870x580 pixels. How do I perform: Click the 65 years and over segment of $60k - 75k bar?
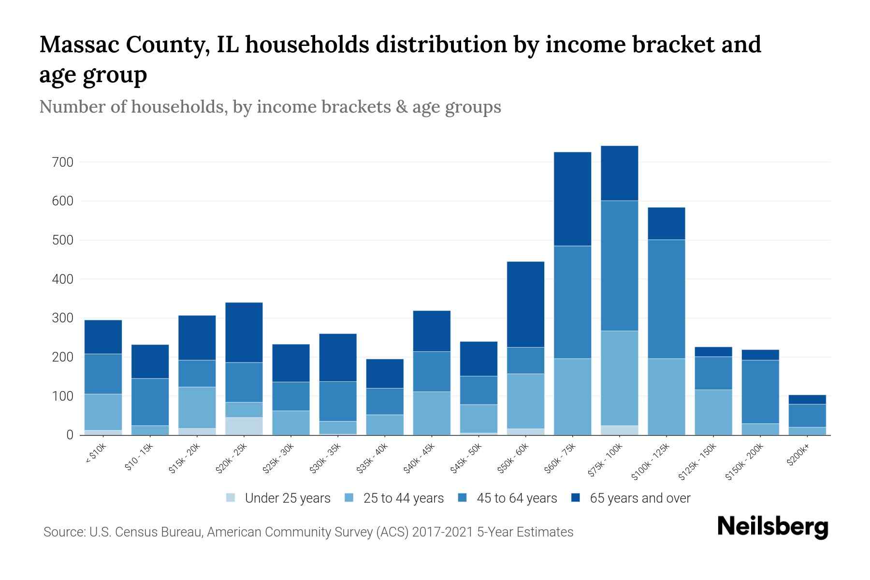pyautogui.click(x=572, y=199)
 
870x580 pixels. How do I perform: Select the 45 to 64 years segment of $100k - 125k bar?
pyautogui.click(x=666, y=299)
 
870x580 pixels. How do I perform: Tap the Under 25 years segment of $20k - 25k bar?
pyautogui.click(x=244, y=426)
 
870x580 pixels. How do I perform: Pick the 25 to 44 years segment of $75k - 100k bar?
pyautogui.click(x=619, y=378)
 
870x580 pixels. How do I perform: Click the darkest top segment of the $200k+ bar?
pyautogui.click(x=807, y=399)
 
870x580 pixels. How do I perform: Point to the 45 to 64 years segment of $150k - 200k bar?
pyautogui.click(x=760, y=391)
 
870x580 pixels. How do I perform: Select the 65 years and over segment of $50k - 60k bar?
pyautogui.click(x=525, y=304)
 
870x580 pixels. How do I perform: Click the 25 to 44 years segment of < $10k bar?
pyautogui.click(x=103, y=412)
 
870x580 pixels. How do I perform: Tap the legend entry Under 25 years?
pyautogui.click(x=287, y=498)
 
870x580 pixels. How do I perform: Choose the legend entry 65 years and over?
pyautogui.click(x=639, y=498)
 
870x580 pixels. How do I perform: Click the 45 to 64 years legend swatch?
pyautogui.click(x=463, y=498)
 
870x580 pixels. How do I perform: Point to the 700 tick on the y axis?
pyautogui.click(x=62, y=162)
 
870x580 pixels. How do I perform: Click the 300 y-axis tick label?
pyautogui.click(x=62, y=319)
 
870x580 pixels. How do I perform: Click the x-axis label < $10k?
pyautogui.click(x=96, y=454)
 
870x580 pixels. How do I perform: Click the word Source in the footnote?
pyautogui.click(x=64, y=532)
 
